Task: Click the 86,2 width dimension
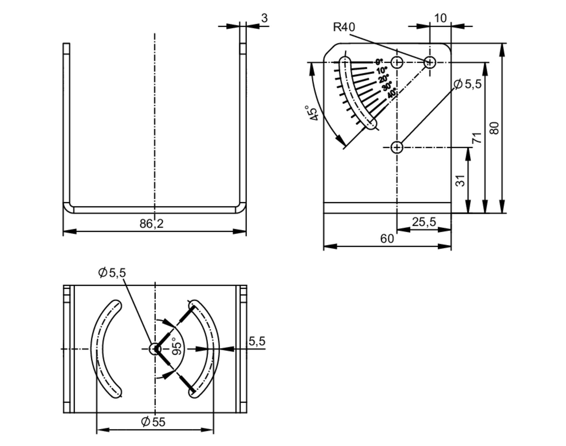151,224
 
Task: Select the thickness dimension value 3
264,18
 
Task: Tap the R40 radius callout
344,27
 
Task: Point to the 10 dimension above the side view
440,18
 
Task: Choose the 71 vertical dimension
477,138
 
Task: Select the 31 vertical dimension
460,181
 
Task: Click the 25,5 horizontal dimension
424,222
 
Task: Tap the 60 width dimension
387,239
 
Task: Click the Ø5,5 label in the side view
467,84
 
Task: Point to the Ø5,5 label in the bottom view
112,273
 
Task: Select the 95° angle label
176,346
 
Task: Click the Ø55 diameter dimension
153,422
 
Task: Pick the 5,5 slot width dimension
257,341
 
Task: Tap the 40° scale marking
392,93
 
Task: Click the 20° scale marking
384,78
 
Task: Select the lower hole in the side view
397,147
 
